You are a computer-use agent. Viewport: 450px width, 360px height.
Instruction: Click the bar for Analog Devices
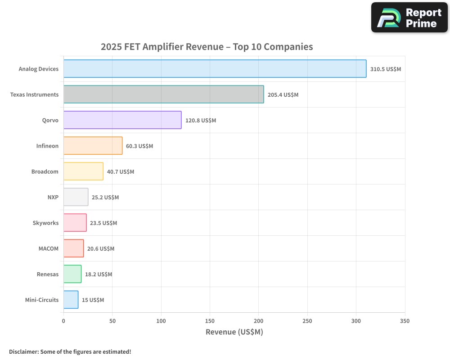215,69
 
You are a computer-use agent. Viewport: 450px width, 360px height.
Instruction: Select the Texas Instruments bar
163,94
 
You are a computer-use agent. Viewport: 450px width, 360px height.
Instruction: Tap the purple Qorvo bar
122,120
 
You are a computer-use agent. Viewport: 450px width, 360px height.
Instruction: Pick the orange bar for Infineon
93,146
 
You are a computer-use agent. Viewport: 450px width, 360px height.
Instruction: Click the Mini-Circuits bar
71,300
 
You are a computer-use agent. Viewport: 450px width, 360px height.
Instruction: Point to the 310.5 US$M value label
385,69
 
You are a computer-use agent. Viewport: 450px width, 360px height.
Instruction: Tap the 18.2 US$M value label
99,274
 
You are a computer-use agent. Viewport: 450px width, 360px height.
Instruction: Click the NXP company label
53,197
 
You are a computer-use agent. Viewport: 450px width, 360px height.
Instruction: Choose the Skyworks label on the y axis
45,223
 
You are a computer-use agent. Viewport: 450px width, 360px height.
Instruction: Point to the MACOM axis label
48,248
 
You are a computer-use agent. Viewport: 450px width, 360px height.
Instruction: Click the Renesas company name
47,274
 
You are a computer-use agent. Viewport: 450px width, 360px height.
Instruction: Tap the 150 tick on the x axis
210,321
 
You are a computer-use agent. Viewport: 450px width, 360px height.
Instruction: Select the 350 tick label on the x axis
405,321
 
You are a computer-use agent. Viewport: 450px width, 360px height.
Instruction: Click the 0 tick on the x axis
63,321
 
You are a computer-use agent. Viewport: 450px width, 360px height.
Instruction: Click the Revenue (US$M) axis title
234,332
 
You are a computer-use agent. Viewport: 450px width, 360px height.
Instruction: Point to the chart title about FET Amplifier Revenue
207,47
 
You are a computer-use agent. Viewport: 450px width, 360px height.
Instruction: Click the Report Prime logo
409,18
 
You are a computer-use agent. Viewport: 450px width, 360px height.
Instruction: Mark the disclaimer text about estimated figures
70,351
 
